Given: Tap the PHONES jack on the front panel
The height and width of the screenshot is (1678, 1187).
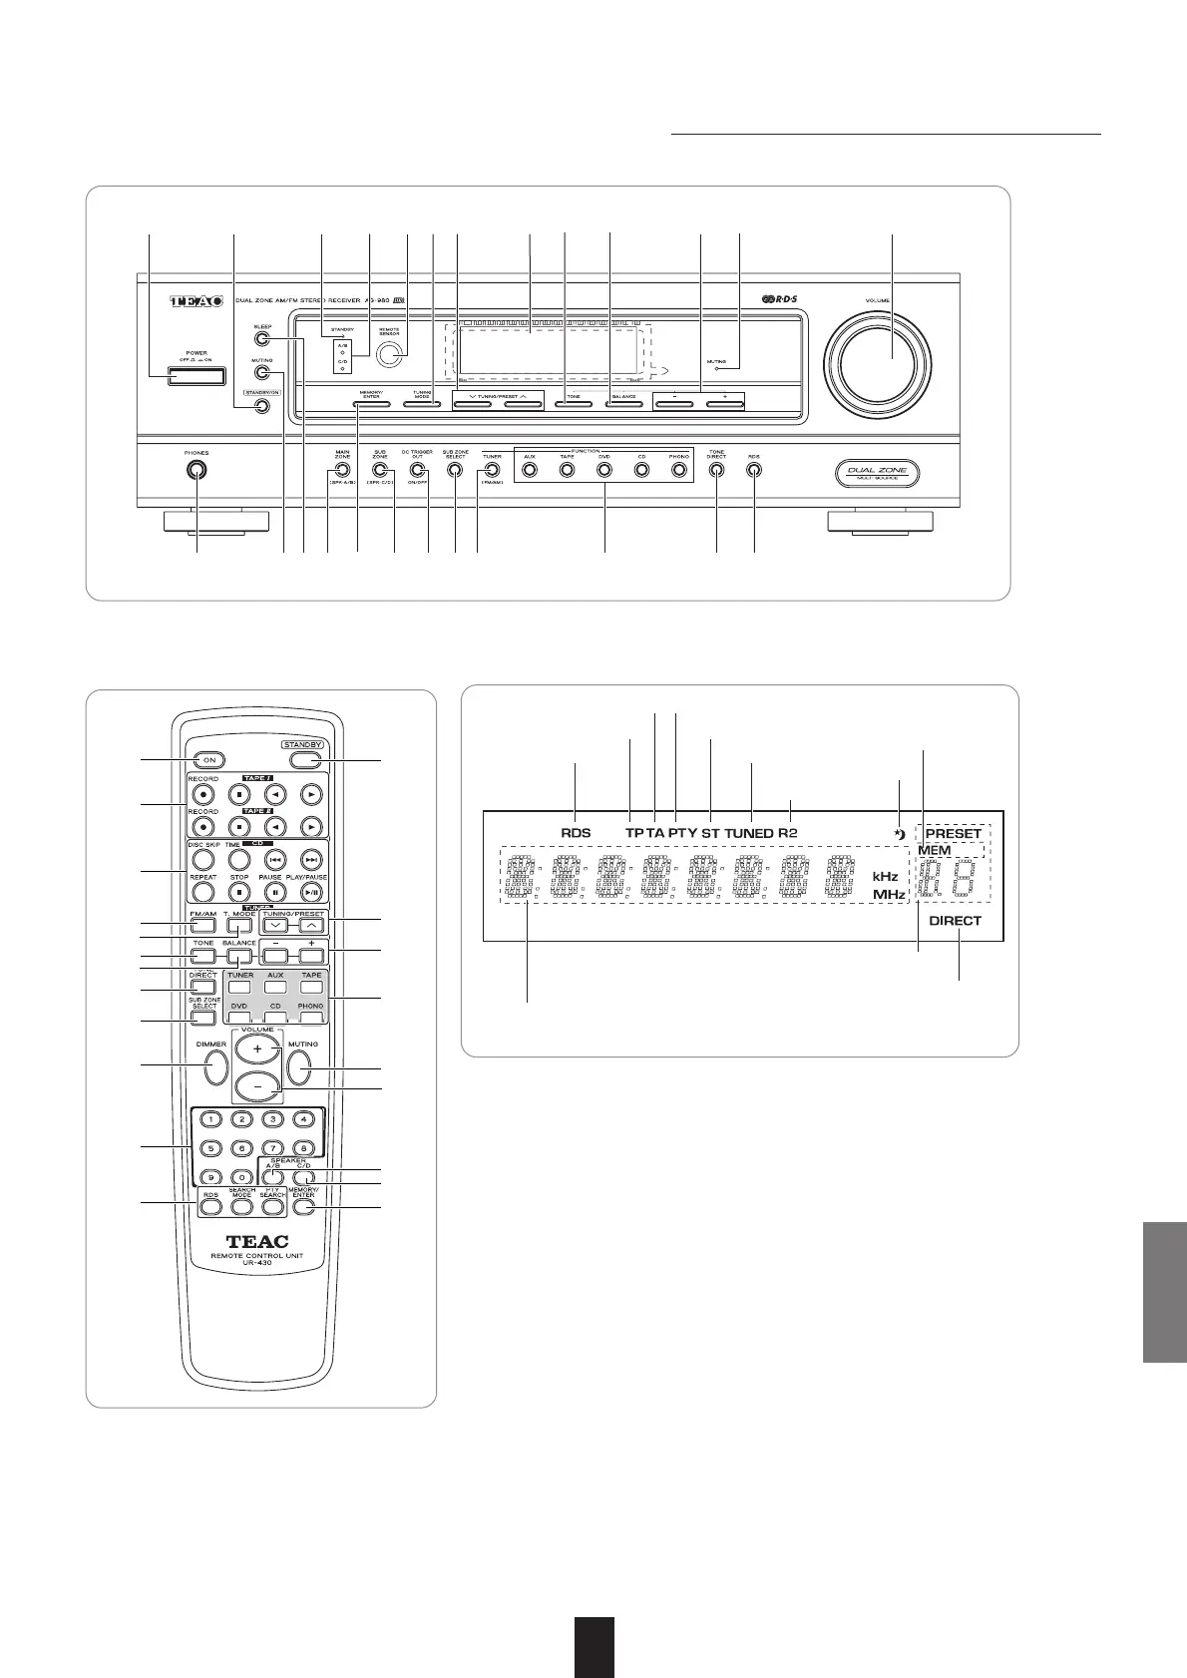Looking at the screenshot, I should pyautogui.click(x=196, y=470).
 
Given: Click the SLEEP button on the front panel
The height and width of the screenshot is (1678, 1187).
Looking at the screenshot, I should pyautogui.click(x=261, y=339).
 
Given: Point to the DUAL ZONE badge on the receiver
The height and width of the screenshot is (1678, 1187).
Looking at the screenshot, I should pyautogui.click(x=877, y=473).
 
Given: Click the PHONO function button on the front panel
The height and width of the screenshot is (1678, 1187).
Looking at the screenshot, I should pyautogui.click(x=679, y=470).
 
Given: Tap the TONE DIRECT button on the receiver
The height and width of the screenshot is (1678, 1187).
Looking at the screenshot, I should pyautogui.click(x=716, y=470).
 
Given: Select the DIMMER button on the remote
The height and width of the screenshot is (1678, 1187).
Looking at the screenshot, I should pyautogui.click(x=213, y=1067).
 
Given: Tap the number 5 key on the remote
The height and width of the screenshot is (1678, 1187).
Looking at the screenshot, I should pyautogui.click(x=210, y=1148).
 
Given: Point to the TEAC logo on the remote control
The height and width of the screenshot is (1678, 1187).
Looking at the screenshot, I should pyautogui.click(x=257, y=1242).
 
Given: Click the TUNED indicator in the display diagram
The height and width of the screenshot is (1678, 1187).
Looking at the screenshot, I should pyautogui.click(x=749, y=833).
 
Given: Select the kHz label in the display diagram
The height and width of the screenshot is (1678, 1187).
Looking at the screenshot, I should pyautogui.click(x=886, y=876).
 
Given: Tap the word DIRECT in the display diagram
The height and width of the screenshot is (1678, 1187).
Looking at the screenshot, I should pyautogui.click(x=955, y=921).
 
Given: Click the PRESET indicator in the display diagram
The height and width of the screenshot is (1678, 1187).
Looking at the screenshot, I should pyautogui.click(x=954, y=833).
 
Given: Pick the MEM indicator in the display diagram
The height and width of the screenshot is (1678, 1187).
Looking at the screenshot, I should pyautogui.click(x=935, y=850).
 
